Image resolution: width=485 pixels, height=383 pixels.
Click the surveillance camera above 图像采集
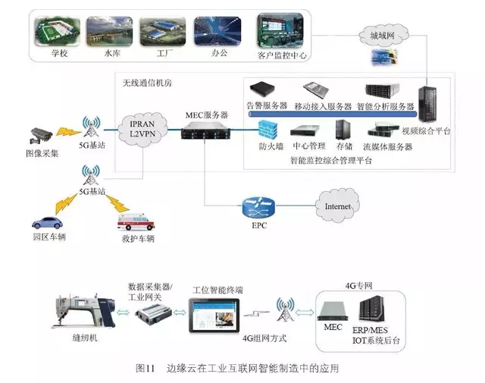coord(37,136)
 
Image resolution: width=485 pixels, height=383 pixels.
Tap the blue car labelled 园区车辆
coord(46,223)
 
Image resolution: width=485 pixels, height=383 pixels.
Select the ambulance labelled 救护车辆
coord(134,223)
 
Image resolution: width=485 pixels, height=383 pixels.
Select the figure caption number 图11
coord(145,369)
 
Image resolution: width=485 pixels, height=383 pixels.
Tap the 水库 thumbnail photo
coord(106,31)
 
